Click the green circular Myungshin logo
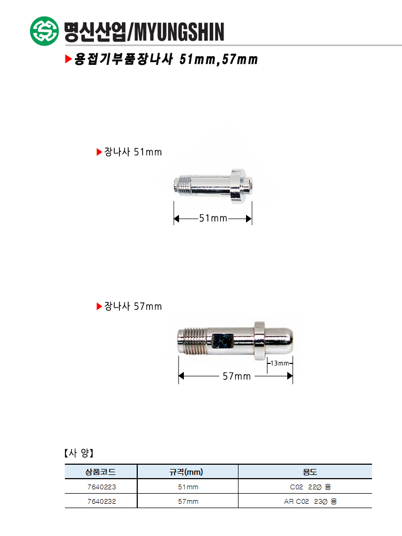pyautogui.click(x=44, y=31)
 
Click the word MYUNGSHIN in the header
pyautogui.click(x=179, y=32)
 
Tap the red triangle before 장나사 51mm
pyautogui.click(x=100, y=152)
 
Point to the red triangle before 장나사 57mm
pyautogui.click(x=100, y=306)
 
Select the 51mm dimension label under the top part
pyautogui.click(x=213, y=218)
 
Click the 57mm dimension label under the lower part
pyautogui.click(x=236, y=376)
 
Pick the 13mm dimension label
pyautogui.click(x=280, y=363)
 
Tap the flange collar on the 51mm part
pyautogui.click(x=238, y=187)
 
